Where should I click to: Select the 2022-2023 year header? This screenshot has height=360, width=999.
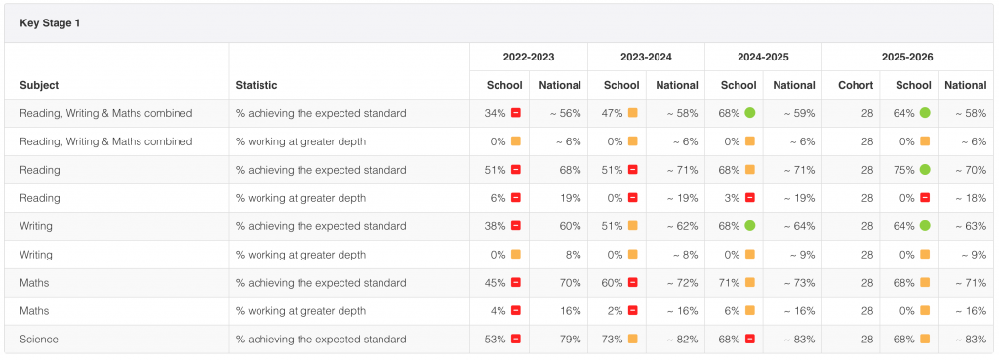tap(529, 57)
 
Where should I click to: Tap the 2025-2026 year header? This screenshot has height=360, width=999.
tap(907, 57)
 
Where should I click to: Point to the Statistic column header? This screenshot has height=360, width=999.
tap(257, 85)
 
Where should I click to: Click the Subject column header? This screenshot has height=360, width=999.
tap(39, 85)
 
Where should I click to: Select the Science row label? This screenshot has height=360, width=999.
tap(39, 339)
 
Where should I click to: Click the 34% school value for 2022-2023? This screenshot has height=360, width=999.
tap(495, 113)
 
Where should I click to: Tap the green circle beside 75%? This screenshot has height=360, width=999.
tap(925, 170)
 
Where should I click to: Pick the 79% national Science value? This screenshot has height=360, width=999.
tap(570, 339)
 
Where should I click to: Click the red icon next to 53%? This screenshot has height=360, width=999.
tap(515, 339)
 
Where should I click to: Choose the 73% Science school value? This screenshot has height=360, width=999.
tap(613, 339)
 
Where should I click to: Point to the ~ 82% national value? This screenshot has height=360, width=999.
tap(682, 339)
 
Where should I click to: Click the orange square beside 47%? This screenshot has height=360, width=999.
tap(632, 113)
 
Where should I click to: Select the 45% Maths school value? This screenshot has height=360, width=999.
tap(495, 283)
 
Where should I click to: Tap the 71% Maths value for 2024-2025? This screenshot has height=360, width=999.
tap(730, 283)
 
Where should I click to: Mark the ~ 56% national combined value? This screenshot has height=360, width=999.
tap(566, 113)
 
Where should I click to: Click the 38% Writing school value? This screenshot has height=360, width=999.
tap(495, 226)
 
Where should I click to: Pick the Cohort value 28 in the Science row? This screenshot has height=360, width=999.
tap(867, 339)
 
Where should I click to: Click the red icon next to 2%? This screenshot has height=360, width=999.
tap(632, 311)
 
